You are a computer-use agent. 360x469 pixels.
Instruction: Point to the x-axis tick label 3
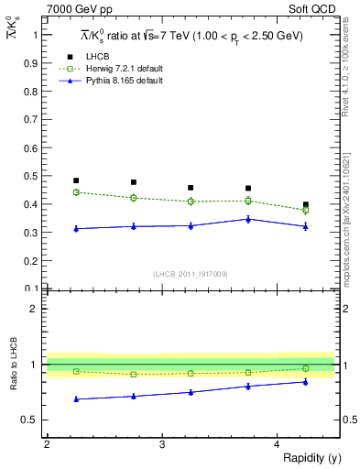coord(162,443)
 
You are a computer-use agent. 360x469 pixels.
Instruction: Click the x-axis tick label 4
coord(278,443)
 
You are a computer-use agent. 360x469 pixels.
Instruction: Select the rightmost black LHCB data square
coord(306,204)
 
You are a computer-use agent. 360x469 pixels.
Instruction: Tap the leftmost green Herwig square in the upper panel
coord(76,192)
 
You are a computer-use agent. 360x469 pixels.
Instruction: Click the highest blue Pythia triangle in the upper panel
coord(248,219)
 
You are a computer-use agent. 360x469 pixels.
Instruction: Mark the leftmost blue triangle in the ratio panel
coord(76,398)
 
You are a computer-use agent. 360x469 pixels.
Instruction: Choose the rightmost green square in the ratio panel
coord(306,368)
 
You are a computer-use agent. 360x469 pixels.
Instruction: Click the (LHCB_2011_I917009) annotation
coord(191,275)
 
